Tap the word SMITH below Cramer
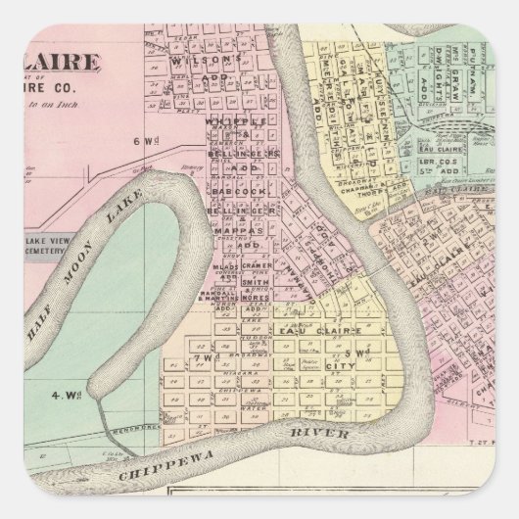(x=250, y=308)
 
